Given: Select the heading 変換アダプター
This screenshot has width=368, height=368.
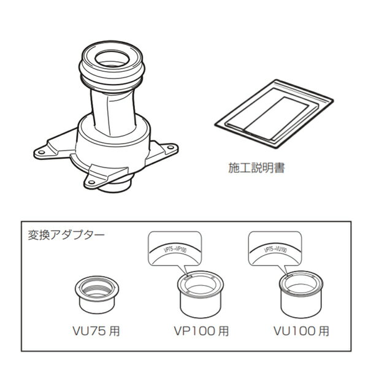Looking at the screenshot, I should click(66, 234).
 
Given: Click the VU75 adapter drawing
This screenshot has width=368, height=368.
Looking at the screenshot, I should click(96, 293).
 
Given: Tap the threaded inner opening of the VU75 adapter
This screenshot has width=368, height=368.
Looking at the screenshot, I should click(96, 285).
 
